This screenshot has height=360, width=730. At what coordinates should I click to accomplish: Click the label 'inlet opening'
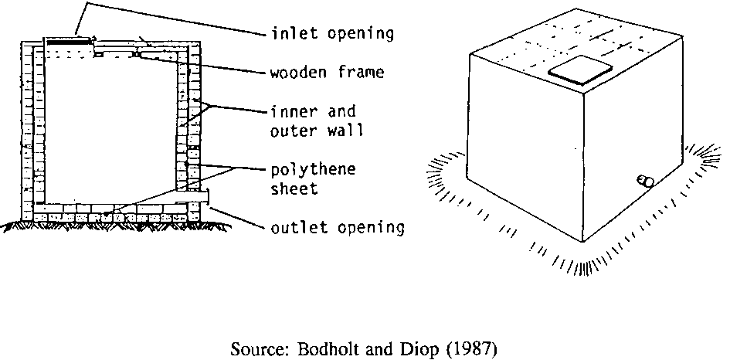[x=333, y=33]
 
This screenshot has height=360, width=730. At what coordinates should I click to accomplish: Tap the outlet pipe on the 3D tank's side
[x=644, y=181]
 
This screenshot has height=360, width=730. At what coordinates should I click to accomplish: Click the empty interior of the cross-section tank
[x=108, y=124]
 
